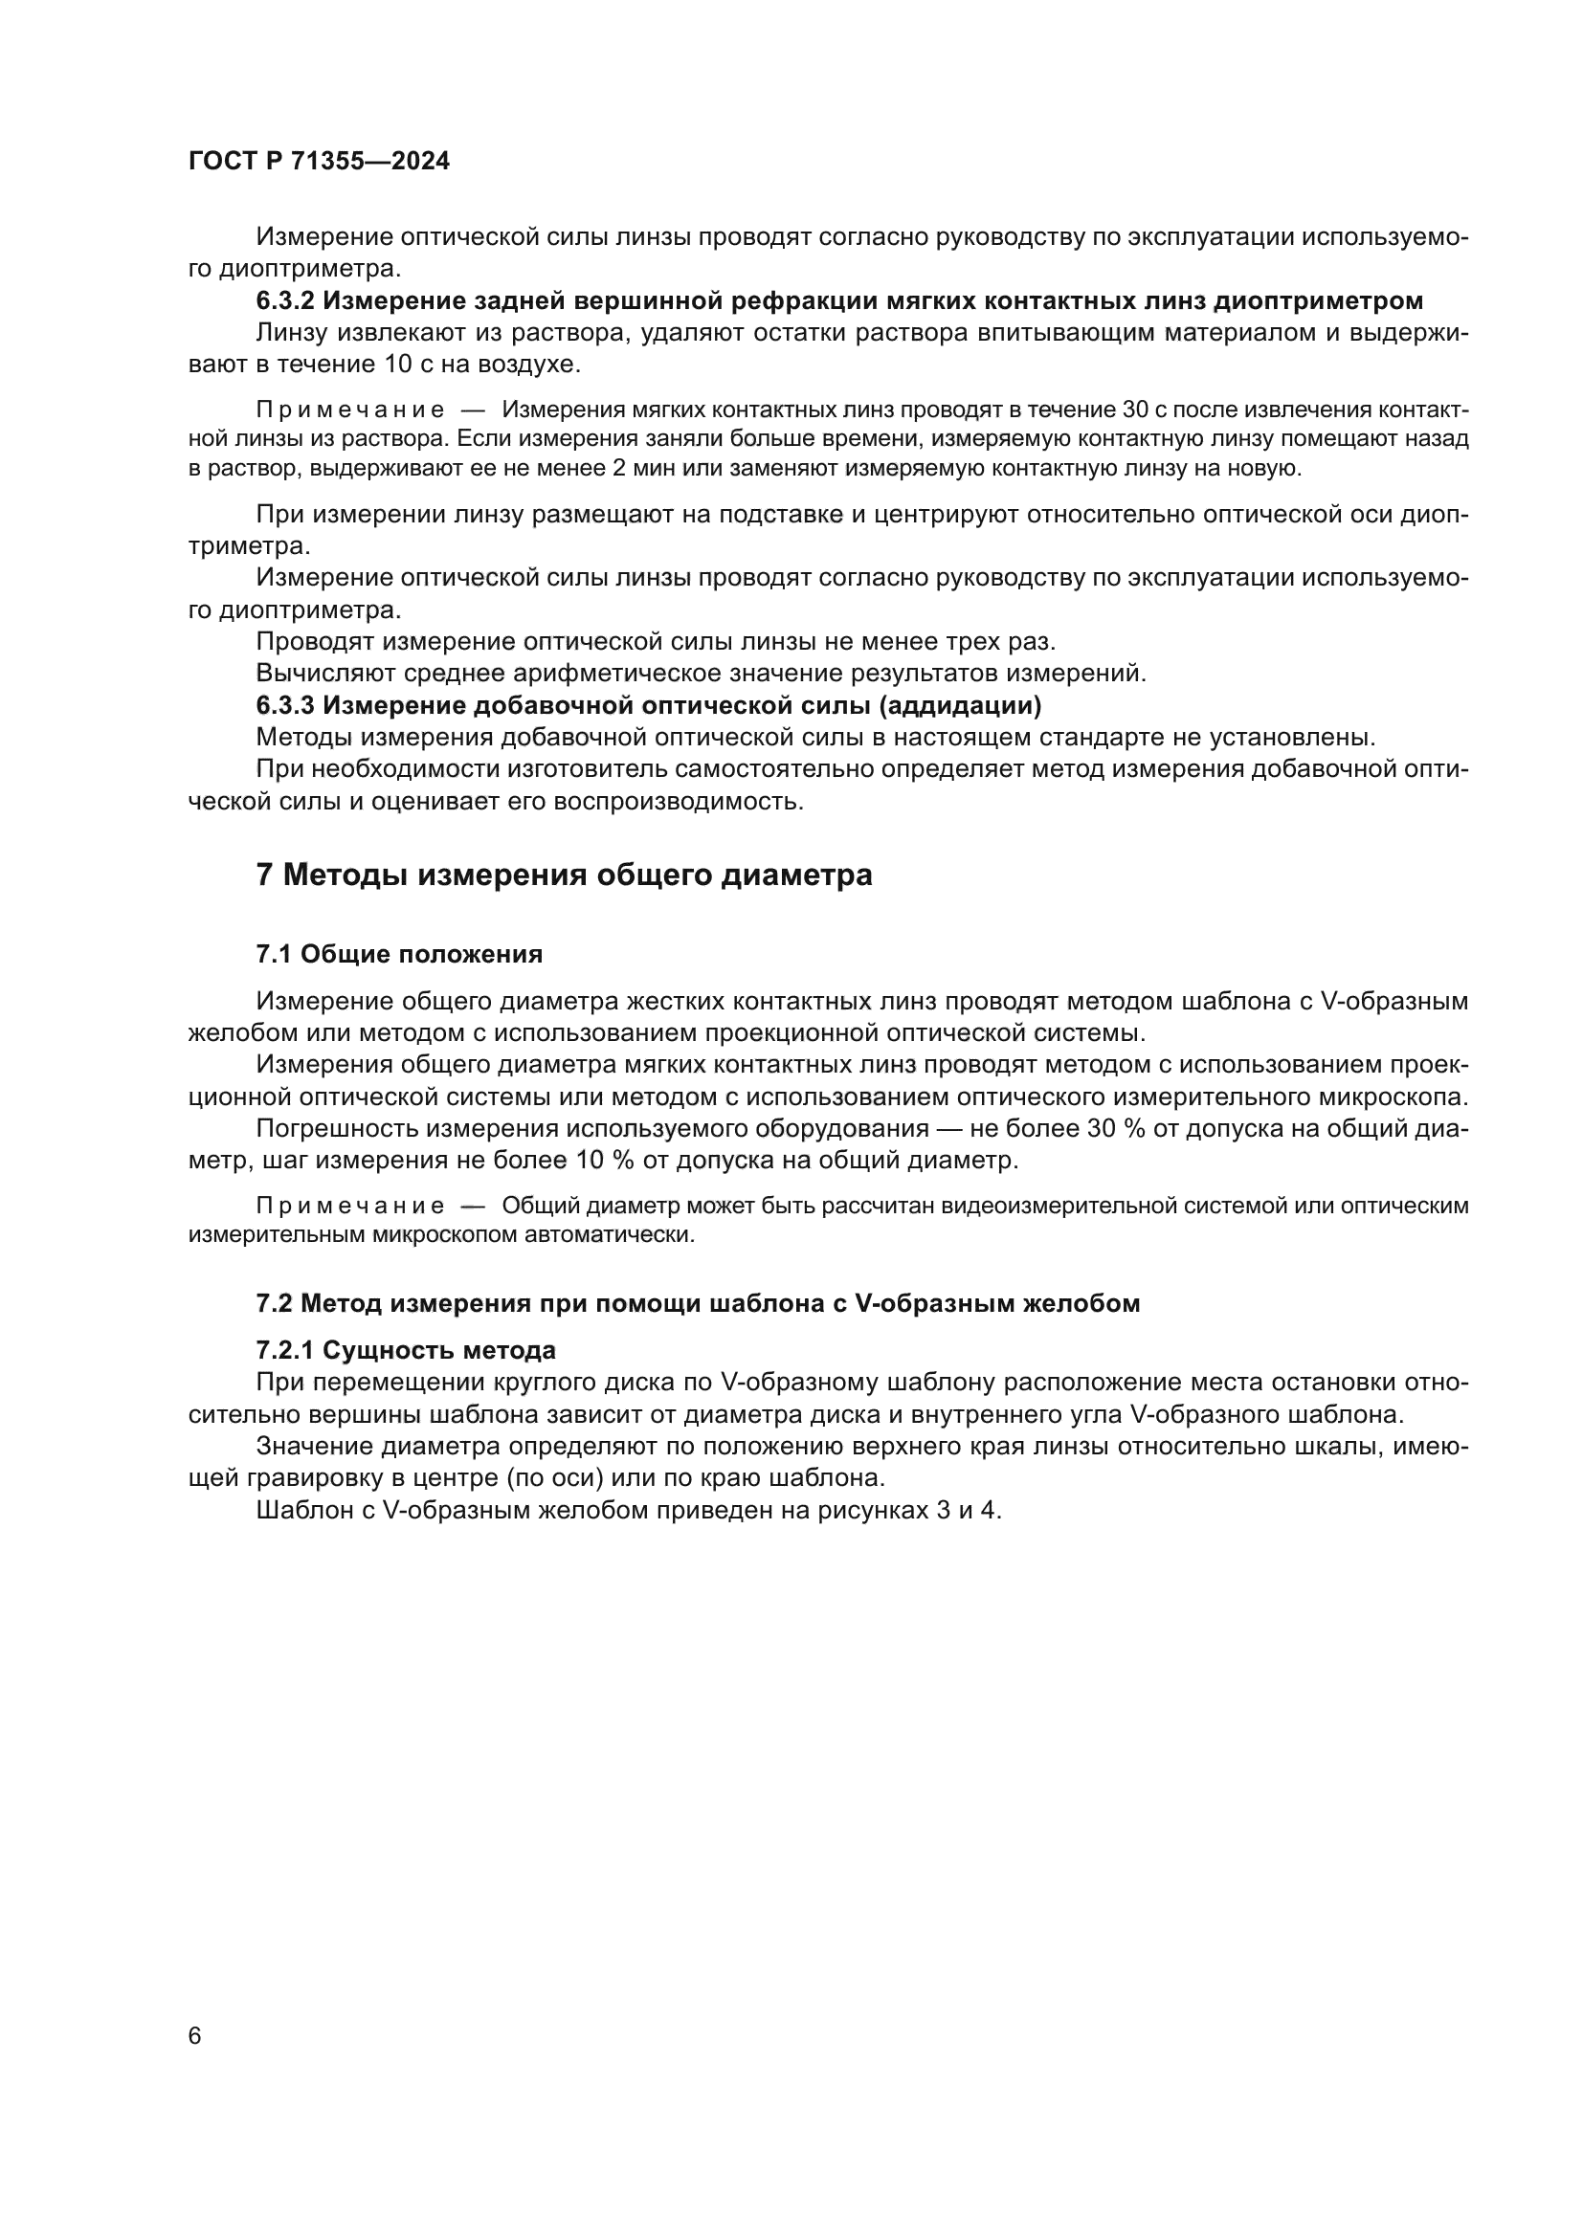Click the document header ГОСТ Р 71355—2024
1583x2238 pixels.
tap(319, 162)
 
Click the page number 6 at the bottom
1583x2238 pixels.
tap(195, 2035)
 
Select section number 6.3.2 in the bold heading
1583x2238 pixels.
tap(285, 301)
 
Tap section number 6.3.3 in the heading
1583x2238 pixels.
tap(285, 705)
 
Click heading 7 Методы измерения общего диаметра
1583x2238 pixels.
tap(564, 875)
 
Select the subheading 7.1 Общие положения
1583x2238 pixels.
tap(399, 954)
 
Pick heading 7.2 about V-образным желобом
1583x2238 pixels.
tap(697, 1303)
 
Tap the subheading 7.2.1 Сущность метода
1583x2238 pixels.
tap(406, 1351)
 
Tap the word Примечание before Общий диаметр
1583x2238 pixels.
tap(350, 1207)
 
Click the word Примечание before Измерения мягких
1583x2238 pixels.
tap(350, 410)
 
